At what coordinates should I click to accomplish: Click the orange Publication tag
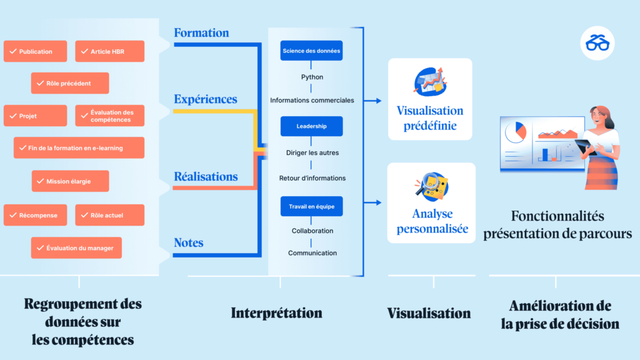point(35,51)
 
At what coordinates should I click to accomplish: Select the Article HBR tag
point(110,51)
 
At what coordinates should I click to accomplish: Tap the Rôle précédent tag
point(70,83)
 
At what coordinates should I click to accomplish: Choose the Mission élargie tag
point(70,181)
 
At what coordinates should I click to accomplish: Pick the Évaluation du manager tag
point(76,247)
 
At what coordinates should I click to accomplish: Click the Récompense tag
point(35,215)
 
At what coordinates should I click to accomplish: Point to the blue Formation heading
point(201,32)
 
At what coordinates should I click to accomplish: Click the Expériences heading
point(205,99)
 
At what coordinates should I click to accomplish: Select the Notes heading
point(189,243)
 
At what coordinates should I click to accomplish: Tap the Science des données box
point(311,51)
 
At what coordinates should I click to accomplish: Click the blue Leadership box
point(311,126)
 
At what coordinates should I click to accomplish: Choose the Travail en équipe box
point(311,206)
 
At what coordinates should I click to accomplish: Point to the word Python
point(312,77)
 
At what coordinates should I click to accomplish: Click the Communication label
point(312,253)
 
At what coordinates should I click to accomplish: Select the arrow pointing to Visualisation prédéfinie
point(372,101)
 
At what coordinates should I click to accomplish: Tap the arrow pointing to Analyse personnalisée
point(372,202)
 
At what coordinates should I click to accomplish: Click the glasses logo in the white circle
point(597,43)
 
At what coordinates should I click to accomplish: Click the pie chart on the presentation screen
point(516,132)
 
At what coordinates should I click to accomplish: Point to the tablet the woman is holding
point(584,146)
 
